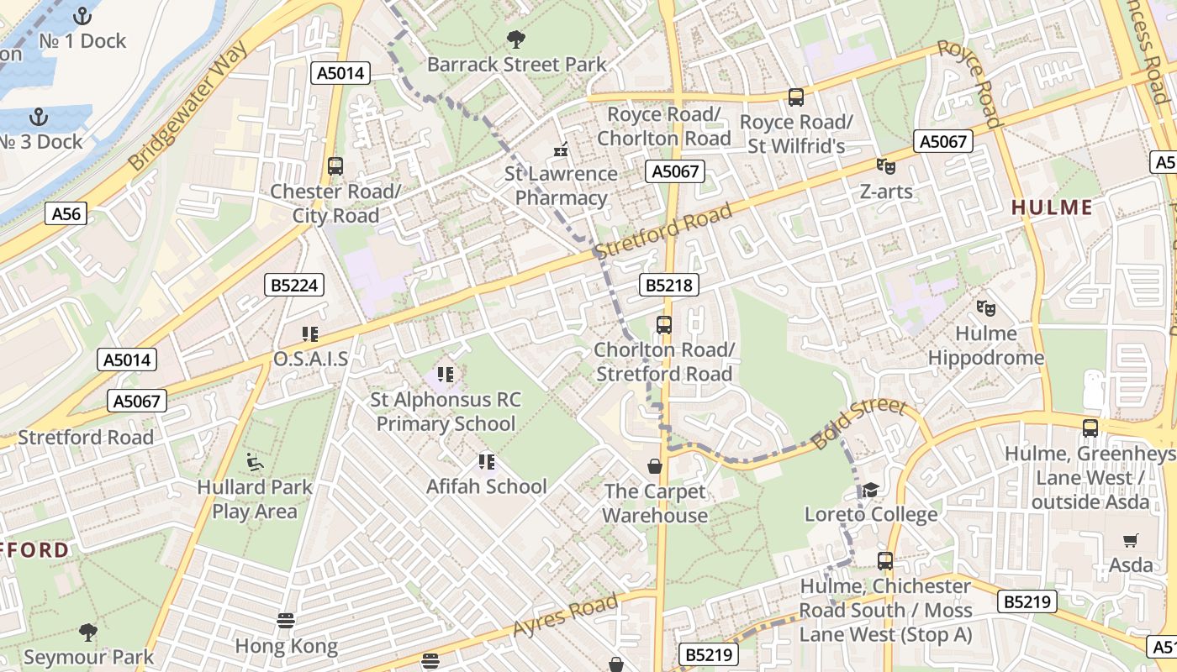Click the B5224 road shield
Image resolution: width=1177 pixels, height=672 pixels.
[293, 286]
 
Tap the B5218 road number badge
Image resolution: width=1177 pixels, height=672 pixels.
[669, 286]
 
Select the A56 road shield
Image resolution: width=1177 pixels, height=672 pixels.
[66, 214]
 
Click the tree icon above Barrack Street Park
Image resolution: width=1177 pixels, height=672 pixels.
[516, 39]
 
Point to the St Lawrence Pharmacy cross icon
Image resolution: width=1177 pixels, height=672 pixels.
[561, 150]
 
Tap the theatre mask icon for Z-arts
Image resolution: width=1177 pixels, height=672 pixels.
[885, 166]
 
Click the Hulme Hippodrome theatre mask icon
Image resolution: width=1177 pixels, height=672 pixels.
[985, 308]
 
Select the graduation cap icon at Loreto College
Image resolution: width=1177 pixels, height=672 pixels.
[870, 490]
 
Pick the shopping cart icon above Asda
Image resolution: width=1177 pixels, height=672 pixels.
[1131, 540]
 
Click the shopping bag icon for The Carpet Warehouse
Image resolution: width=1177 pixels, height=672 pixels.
[655, 466]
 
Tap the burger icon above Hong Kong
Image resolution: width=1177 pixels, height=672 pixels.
[287, 621]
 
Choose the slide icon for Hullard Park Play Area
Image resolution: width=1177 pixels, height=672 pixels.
[254, 461]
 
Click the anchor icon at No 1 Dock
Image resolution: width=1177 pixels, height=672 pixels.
[82, 15]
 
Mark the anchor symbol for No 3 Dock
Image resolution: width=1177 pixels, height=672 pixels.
[38, 116]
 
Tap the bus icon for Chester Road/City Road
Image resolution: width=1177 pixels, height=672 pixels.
[335, 165]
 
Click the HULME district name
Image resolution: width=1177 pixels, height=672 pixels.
[1052, 207]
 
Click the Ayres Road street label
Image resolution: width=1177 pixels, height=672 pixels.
[565, 617]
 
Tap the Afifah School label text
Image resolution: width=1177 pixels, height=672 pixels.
[486, 486]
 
